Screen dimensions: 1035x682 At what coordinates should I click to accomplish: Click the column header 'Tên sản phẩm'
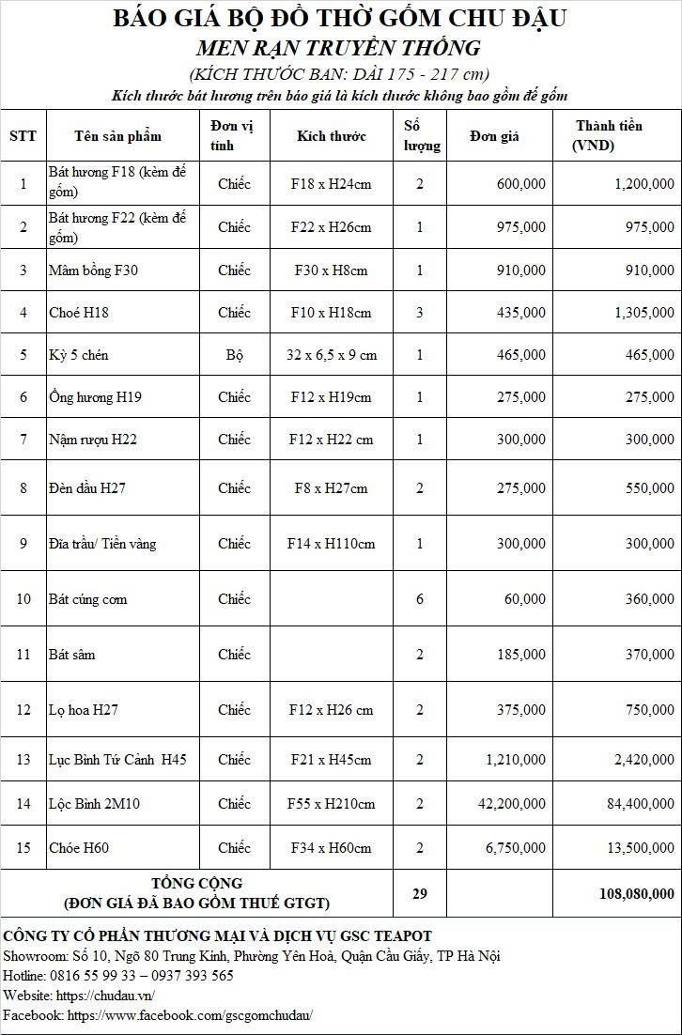117,136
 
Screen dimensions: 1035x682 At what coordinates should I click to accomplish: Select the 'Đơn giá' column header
494,136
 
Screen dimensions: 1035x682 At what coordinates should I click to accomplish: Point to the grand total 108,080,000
636,894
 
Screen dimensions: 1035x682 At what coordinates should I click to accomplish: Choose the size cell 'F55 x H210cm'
331,804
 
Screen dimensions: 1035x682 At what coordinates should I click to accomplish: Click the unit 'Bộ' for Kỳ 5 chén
234,355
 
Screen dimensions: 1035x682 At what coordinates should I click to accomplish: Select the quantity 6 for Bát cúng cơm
420,599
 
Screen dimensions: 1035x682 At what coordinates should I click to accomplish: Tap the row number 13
23,760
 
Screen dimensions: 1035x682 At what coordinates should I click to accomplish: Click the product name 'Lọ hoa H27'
84,710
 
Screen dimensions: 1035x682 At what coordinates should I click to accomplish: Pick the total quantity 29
420,894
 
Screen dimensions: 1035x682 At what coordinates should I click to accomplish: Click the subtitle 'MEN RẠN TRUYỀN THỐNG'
338,48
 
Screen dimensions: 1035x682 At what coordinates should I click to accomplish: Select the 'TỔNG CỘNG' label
197,884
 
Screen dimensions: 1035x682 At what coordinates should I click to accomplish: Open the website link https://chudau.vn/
105,996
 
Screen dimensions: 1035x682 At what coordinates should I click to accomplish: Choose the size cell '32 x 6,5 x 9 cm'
331,355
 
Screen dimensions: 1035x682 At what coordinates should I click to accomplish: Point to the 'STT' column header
23,136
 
